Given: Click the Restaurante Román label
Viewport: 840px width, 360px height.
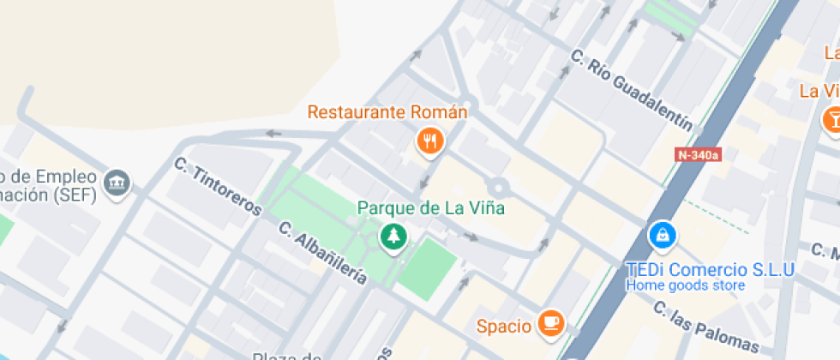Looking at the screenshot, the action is tap(387, 112).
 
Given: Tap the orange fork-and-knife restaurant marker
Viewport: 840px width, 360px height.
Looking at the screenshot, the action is tap(429, 141).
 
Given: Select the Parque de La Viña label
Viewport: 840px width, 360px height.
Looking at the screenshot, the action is tap(430, 207).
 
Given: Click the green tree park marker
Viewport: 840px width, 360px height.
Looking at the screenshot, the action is tap(394, 236).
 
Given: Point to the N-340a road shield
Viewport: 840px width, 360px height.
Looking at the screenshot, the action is tap(699, 155).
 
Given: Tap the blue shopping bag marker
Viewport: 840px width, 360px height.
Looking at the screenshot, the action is tap(661, 233).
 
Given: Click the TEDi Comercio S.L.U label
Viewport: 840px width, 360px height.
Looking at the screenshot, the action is tap(711, 269).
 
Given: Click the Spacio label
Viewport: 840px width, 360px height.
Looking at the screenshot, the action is tap(505, 325).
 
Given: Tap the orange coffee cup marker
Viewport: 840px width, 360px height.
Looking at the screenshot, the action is tap(549, 322).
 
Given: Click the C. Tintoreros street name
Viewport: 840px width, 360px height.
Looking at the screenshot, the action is tap(217, 186).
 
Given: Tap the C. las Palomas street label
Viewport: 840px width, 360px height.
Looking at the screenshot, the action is tap(705, 326).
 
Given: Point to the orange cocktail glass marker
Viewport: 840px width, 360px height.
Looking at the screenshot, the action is tap(831, 118).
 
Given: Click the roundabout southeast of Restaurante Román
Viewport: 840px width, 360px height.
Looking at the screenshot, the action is tap(497, 186).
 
